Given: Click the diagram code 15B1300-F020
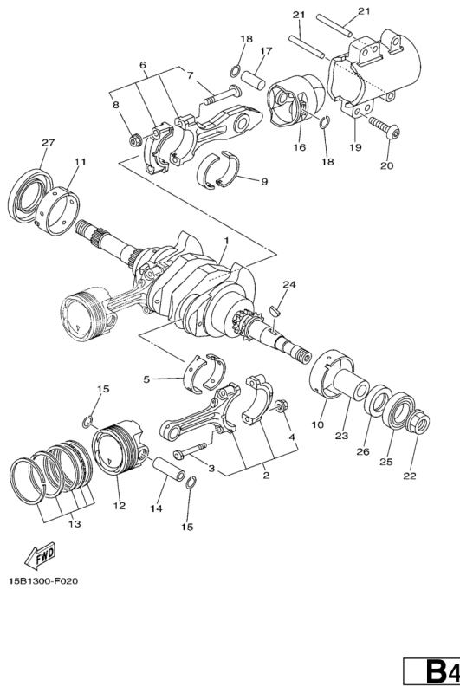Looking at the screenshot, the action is (42, 580).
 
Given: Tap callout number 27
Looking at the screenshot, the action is (49, 142).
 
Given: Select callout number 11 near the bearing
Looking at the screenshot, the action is (80, 162).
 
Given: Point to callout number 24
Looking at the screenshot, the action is (289, 285).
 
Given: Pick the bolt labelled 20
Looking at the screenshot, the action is (385, 126).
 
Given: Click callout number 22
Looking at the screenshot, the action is (410, 476).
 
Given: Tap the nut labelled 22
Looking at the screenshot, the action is (419, 422).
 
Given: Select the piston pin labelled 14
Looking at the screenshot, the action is (168, 470).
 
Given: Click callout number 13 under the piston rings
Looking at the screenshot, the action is (75, 524).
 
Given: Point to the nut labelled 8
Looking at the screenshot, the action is (134, 141).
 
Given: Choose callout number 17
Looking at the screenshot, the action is (266, 51).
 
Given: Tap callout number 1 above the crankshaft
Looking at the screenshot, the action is (226, 241).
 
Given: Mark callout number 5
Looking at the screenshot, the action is (146, 379).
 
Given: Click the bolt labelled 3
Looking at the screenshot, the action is (191, 450).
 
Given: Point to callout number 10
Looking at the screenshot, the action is (317, 425).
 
